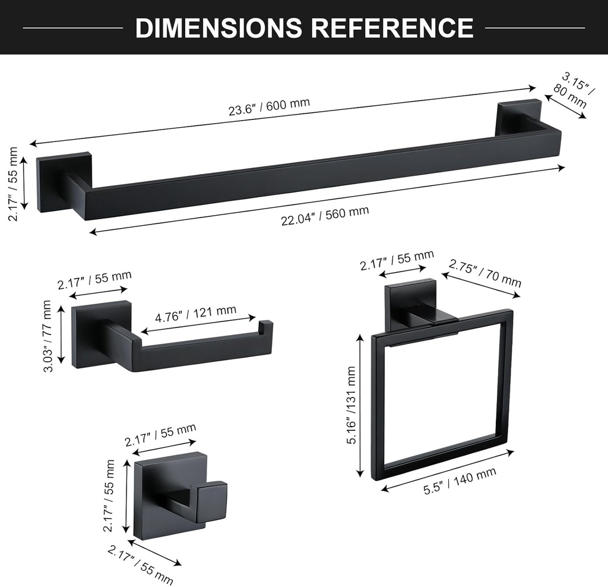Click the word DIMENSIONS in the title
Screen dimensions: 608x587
[218, 27]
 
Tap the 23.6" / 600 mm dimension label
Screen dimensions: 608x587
[269, 107]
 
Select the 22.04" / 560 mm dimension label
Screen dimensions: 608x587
[325, 215]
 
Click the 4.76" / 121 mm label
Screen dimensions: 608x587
[195, 314]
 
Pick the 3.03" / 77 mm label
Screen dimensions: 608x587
[47, 336]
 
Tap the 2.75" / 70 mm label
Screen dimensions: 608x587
[484, 273]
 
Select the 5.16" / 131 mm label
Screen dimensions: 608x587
[351, 405]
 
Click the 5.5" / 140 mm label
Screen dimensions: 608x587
[460, 481]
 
